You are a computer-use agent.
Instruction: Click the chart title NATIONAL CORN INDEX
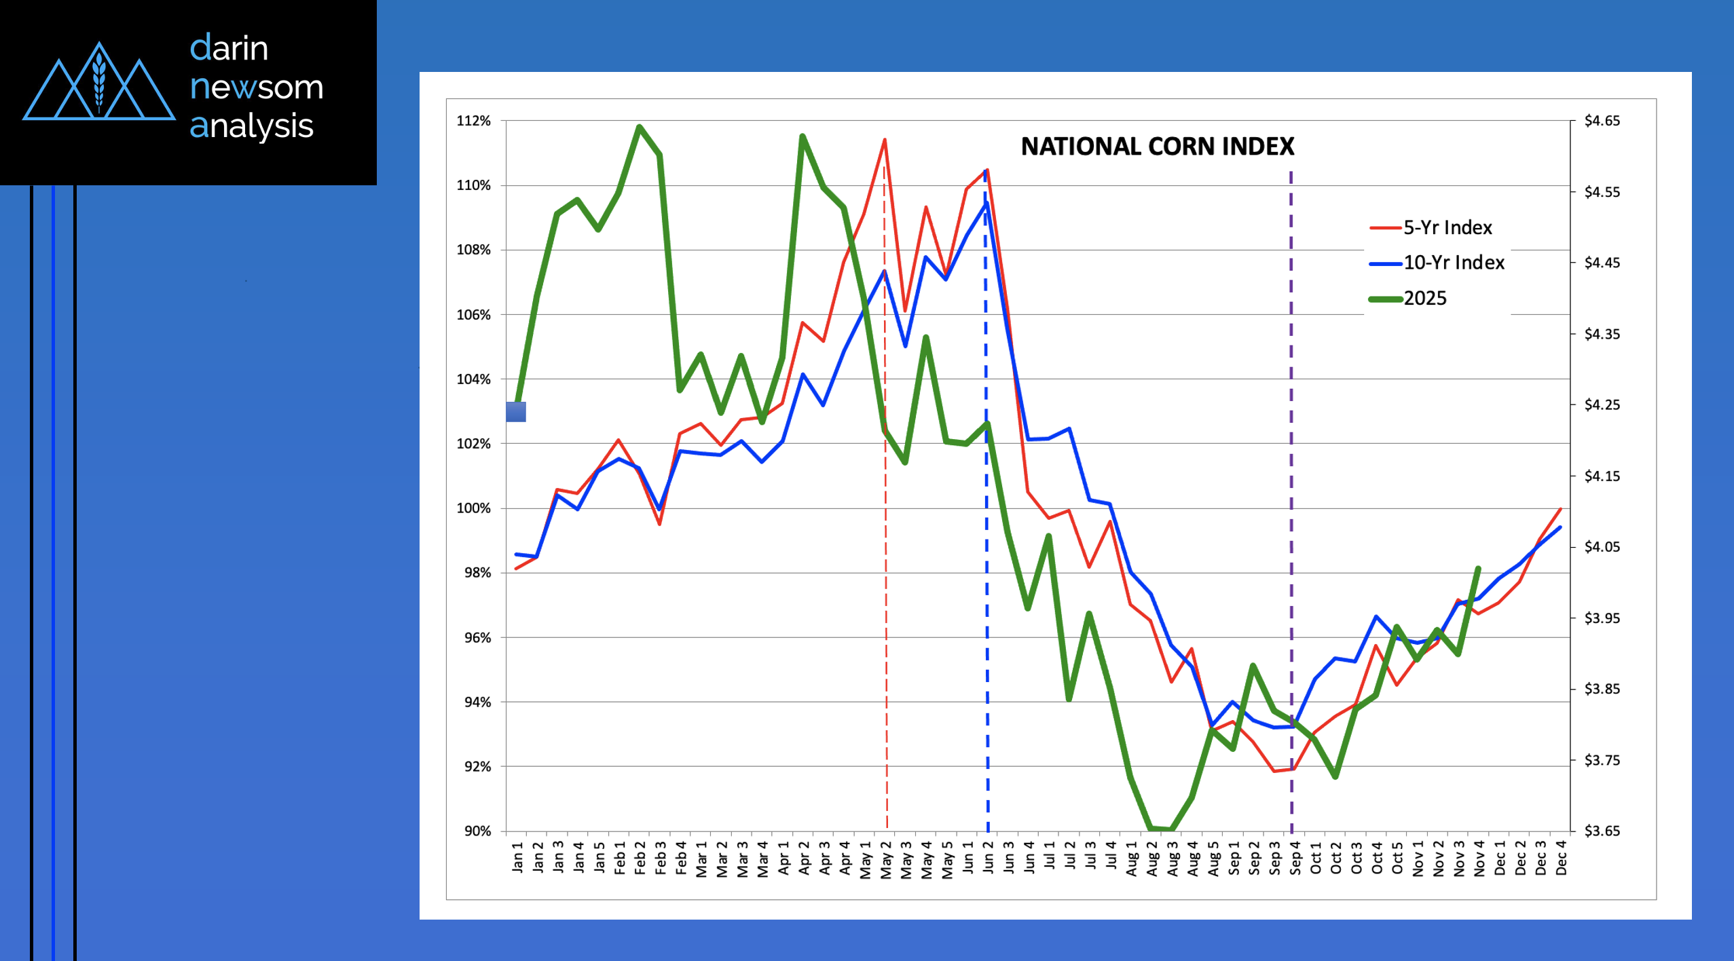(x=1157, y=147)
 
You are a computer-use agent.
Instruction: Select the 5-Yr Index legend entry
(x=1447, y=227)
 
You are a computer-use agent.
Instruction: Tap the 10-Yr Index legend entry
(x=1453, y=263)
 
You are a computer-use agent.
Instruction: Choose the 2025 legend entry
(x=1424, y=299)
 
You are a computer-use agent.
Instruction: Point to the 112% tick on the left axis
(x=473, y=121)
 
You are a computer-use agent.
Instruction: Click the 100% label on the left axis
(x=473, y=508)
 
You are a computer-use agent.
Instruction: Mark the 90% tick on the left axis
(x=477, y=831)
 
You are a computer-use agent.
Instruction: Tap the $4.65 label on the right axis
(x=1602, y=121)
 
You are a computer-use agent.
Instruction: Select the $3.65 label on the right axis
(x=1602, y=831)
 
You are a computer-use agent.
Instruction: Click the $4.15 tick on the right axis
(x=1602, y=476)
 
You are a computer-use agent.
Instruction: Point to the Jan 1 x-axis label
(x=517, y=856)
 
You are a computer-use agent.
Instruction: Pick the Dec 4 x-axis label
(x=1561, y=857)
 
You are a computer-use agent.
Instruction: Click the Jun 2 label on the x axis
(x=988, y=857)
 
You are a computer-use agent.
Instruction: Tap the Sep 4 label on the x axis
(x=1295, y=857)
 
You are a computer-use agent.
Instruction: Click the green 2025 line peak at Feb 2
(x=639, y=126)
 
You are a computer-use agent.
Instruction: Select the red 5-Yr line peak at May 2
(x=885, y=140)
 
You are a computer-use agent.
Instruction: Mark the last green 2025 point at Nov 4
(x=1478, y=568)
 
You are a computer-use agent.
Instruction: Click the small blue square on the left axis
(x=516, y=411)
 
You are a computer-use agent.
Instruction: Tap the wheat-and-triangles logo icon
(x=99, y=85)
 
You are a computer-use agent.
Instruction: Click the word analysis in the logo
(x=251, y=126)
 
